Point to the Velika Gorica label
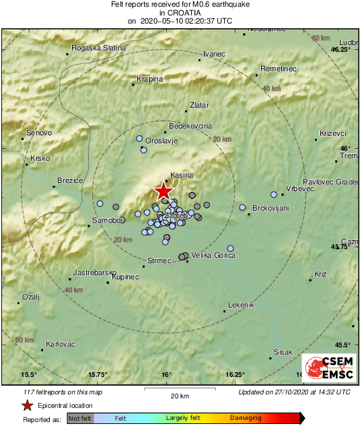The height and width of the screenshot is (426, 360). pyautogui.click(x=212, y=255)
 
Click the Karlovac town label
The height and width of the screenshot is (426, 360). pyautogui.click(x=60, y=344)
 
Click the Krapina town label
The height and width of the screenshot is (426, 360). pyautogui.click(x=149, y=79)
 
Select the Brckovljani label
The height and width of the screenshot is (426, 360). pyautogui.click(x=270, y=208)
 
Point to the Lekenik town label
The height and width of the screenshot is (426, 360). pyautogui.click(x=241, y=305)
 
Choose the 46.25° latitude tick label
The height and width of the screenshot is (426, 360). pyautogui.click(x=341, y=50)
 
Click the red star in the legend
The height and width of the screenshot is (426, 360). pyautogui.click(x=27, y=405)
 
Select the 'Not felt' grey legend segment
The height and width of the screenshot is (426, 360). pyautogui.click(x=81, y=418)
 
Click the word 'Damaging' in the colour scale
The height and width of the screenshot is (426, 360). pyautogui.click(x=246, y=418)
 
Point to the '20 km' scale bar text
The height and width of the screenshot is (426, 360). pyautogui.click(x=179, y=395)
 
